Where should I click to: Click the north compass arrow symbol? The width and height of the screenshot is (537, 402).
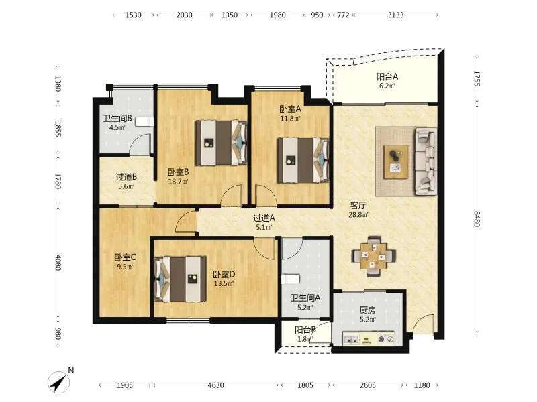(x=59, y=382)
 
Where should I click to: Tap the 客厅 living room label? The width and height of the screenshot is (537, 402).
(x=358, y=206)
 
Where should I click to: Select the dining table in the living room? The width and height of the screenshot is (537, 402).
(x=374, y=256)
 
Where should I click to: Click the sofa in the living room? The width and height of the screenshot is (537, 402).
(x=426, y=161)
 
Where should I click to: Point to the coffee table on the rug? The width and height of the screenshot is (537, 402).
(x=396, y=161)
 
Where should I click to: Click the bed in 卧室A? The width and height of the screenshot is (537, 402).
(x=303, y=160)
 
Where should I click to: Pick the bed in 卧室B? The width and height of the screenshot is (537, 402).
(x=222, y=143)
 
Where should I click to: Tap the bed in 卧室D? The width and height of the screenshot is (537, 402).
(x=181, y=279)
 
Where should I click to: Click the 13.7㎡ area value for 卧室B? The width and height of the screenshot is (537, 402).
(x=178, y=182)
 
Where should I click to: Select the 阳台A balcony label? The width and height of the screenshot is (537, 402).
(x=387, y=76)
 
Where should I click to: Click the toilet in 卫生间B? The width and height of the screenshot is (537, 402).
(x=144, y=121)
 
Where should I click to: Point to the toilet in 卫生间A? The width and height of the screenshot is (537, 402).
(x=291, y=279)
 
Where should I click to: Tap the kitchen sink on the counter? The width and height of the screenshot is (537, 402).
(x=351, y=340)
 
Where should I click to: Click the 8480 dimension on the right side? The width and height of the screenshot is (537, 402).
(x=477, y=219)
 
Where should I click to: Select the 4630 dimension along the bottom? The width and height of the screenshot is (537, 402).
(x=215, y=385)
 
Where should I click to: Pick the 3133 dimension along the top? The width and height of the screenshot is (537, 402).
(x=395, y=15)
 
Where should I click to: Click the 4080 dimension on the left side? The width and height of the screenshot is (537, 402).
(x=58, y=263)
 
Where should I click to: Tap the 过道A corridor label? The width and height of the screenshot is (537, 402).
(x=264, y=218)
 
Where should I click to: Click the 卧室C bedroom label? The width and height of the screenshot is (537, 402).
(x=125, y=257)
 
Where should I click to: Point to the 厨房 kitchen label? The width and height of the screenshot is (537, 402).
(x=367, y=310)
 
